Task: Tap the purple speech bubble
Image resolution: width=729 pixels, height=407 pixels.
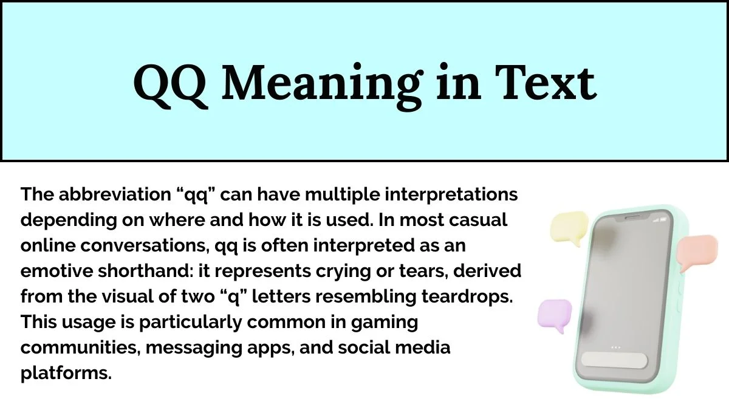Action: pos(554,315)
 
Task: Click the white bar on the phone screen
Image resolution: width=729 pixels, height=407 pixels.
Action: pos(615,360)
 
